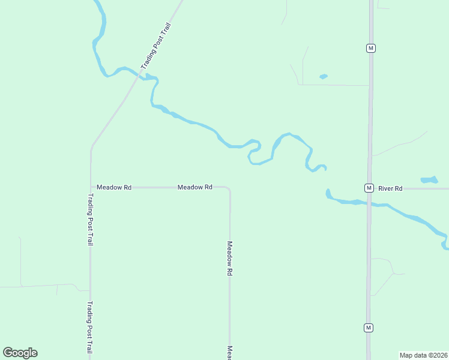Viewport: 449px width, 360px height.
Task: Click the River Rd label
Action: tap(390, 188)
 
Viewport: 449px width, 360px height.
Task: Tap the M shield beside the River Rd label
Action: tap(369, 188)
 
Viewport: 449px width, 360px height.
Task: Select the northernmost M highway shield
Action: tap(371, 48)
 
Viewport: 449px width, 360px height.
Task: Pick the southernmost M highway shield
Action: tap(369, 328)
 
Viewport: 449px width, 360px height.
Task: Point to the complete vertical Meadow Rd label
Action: tap(229, 258)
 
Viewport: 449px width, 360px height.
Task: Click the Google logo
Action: tap(20, 353)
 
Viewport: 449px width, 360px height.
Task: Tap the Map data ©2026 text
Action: tap(423, 355)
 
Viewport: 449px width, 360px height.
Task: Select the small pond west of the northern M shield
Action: tap(324, 76)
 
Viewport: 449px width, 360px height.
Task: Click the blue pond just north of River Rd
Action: tap(429, 179)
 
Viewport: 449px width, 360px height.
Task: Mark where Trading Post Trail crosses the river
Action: tap(142, 74)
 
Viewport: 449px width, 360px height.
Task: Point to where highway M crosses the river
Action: tap(369, 203)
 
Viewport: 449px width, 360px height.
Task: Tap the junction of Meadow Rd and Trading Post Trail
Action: tap(91, 187)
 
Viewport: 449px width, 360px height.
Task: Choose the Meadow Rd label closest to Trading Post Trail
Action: tap(114, 187)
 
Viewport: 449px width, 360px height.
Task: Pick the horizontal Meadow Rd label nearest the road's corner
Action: tap(195, 187)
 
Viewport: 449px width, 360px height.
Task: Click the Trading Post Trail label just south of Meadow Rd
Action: tap(90, 219)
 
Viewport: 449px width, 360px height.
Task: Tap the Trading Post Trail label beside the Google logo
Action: tap(90, 327)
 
